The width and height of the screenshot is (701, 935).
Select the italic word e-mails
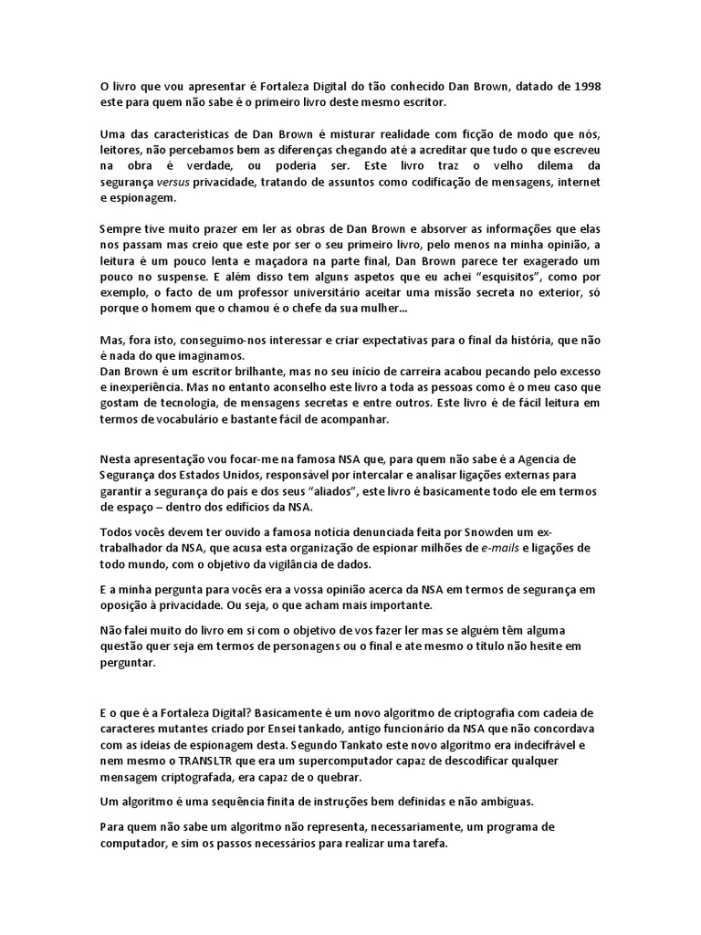(482, 547)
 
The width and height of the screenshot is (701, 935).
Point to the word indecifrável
(557, 745)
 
